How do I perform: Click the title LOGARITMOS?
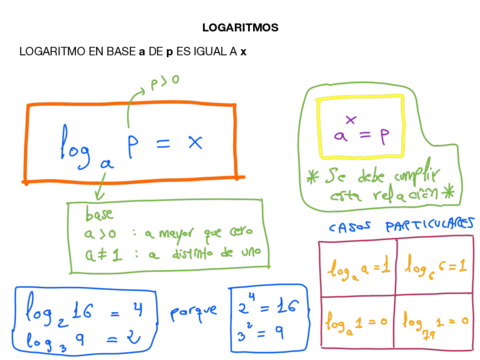(x=239, y=27)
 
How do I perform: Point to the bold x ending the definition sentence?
(x=244, y=51)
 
